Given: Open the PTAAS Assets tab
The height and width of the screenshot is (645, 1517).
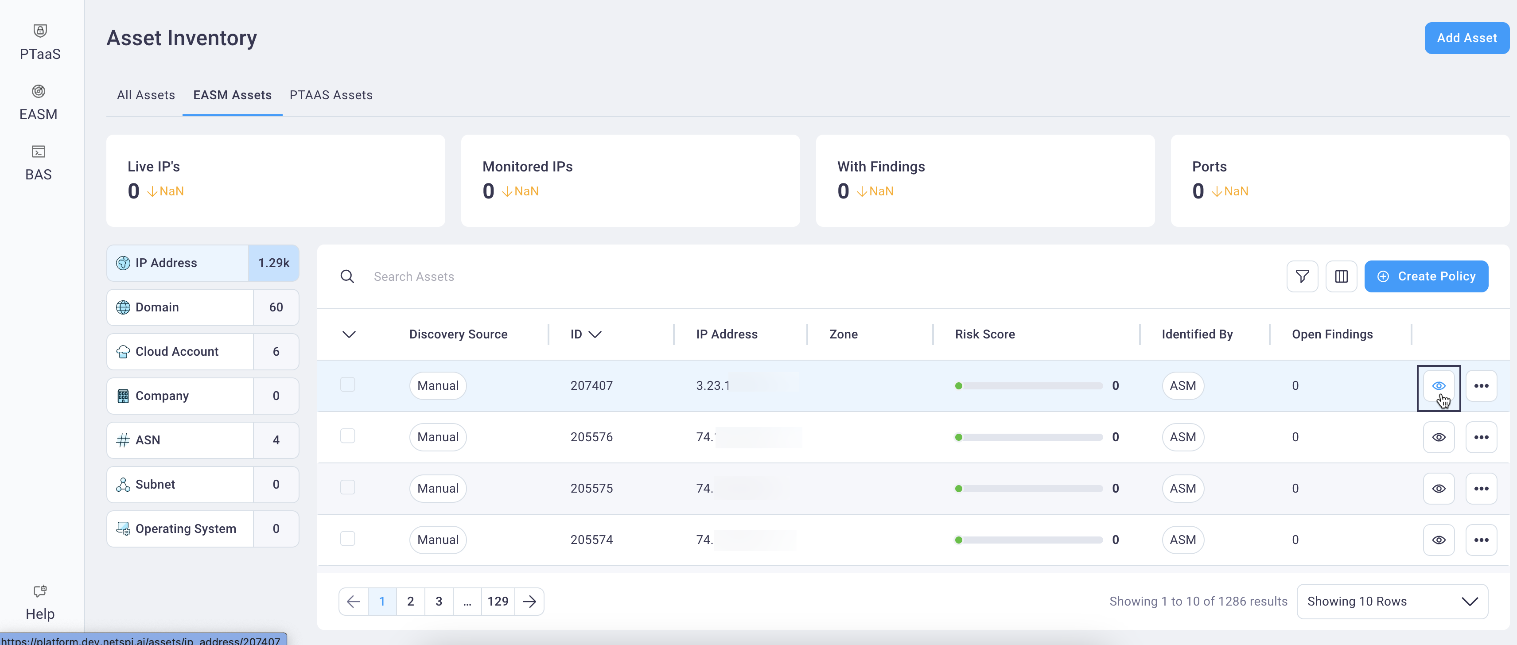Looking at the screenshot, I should (331, 95).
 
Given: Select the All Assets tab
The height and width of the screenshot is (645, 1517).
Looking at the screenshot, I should (145, 95).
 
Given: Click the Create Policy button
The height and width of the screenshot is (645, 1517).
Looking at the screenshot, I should (1426, 276).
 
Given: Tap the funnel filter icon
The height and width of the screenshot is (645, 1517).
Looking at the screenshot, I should (1302, 276).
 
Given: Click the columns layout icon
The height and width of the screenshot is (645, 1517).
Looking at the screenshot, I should (1341, 276).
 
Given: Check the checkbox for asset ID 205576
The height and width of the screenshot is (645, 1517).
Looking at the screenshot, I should (347, 436).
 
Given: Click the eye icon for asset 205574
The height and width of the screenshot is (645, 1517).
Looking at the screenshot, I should (1438, 540).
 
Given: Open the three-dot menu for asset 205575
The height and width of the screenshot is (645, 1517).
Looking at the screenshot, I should (1481, 488).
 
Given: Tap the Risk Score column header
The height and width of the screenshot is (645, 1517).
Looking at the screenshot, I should (984, 334).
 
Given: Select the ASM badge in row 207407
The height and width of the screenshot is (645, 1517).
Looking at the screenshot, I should (1182, 386).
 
